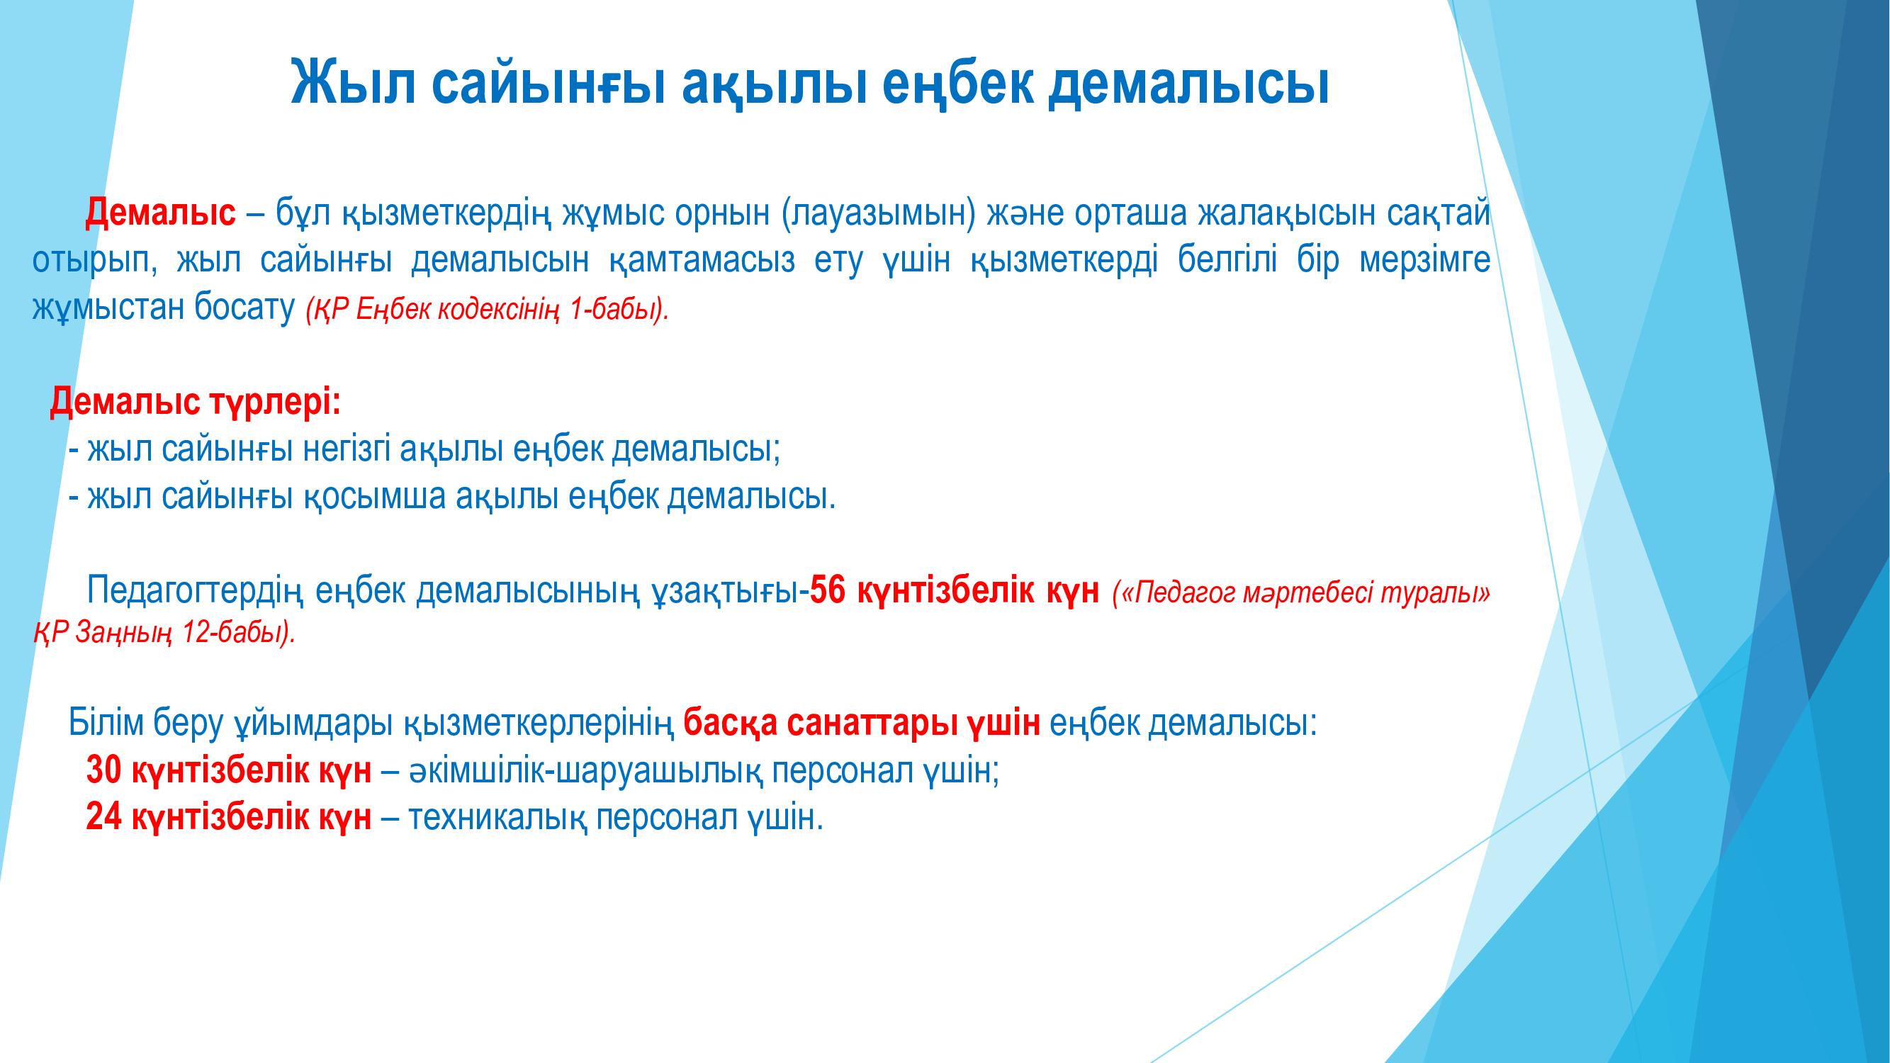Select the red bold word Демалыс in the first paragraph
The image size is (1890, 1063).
[x=161, y=213]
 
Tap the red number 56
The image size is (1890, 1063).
[x=828, y=590]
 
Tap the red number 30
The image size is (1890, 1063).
[x=103, y=770]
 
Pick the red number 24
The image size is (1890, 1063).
[x=103, y=817]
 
